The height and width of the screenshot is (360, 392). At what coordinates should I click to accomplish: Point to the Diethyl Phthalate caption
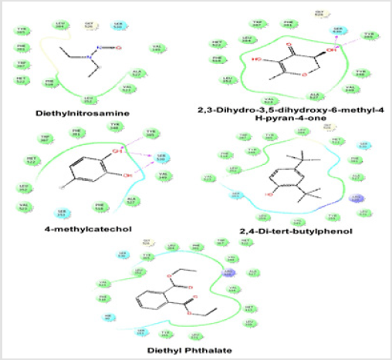click(x=194, y=351)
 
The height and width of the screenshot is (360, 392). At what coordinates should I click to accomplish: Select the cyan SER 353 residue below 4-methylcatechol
click(x=63, y=212)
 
